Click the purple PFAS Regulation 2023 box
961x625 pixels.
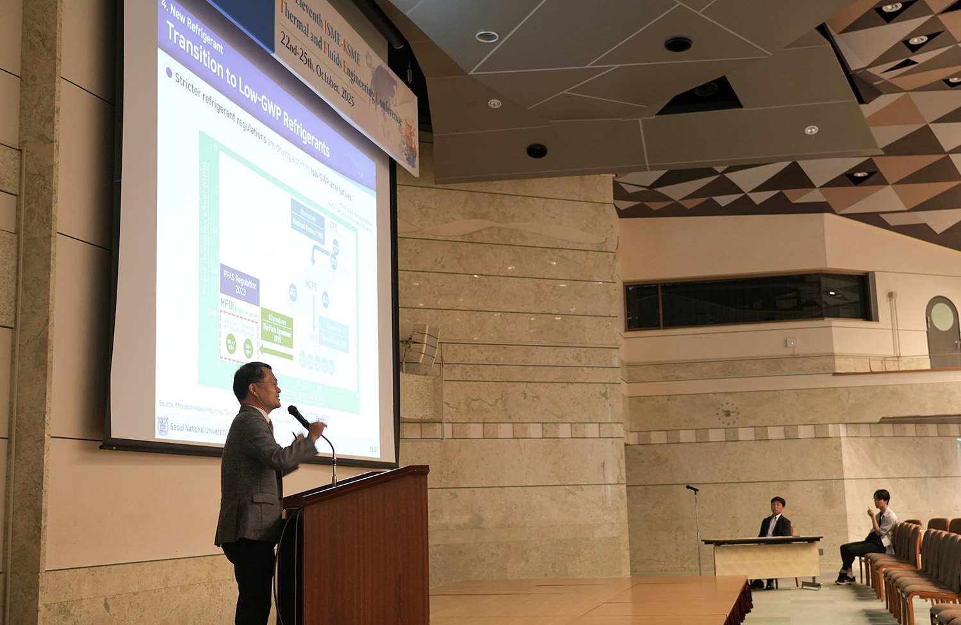pos(240,283)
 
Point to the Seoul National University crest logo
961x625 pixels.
pos(163,426)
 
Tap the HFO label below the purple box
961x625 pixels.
pos(227,304)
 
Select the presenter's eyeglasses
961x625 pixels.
pos(267,385)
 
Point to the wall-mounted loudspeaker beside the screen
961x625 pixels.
pos(423,346)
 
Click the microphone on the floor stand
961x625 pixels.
pos(692,488)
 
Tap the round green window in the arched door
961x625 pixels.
pos(942,316)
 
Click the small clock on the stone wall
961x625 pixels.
pos(728,413)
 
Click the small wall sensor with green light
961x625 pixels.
pos(793,343)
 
